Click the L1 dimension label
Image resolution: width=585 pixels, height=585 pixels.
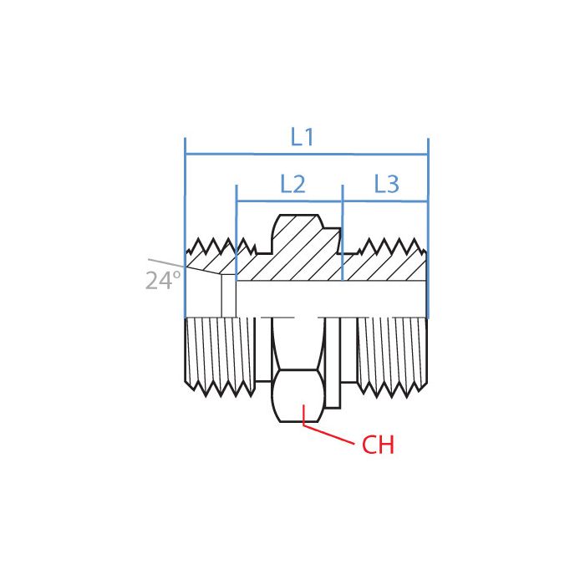pyautogui.click(x=303, y=137)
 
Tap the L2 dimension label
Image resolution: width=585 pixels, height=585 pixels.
pyautogui.click(x=292, y=184)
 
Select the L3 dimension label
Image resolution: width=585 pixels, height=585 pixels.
pyautogui.click(x=386, y=184)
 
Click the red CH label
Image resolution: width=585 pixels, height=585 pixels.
pyautogui.click(x=378, y=445)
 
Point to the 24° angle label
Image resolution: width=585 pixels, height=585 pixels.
pyautogui.click(x=163, y=281)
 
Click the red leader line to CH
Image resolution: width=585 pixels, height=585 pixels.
pyautogui.click(x=330, y=432)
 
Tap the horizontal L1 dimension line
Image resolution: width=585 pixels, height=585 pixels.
pyautogui.click(x=251, y=155)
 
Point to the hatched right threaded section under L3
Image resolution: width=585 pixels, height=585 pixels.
pyautogui.click(x=384, y=266)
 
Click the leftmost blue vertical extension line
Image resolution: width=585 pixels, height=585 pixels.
pyautogui.click(x=185, y=209)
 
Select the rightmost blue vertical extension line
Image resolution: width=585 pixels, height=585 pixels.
pyautogui.click(x=428, y=209)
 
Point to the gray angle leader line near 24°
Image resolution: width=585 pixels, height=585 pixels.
pyautogui.click(x=167, y=263)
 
